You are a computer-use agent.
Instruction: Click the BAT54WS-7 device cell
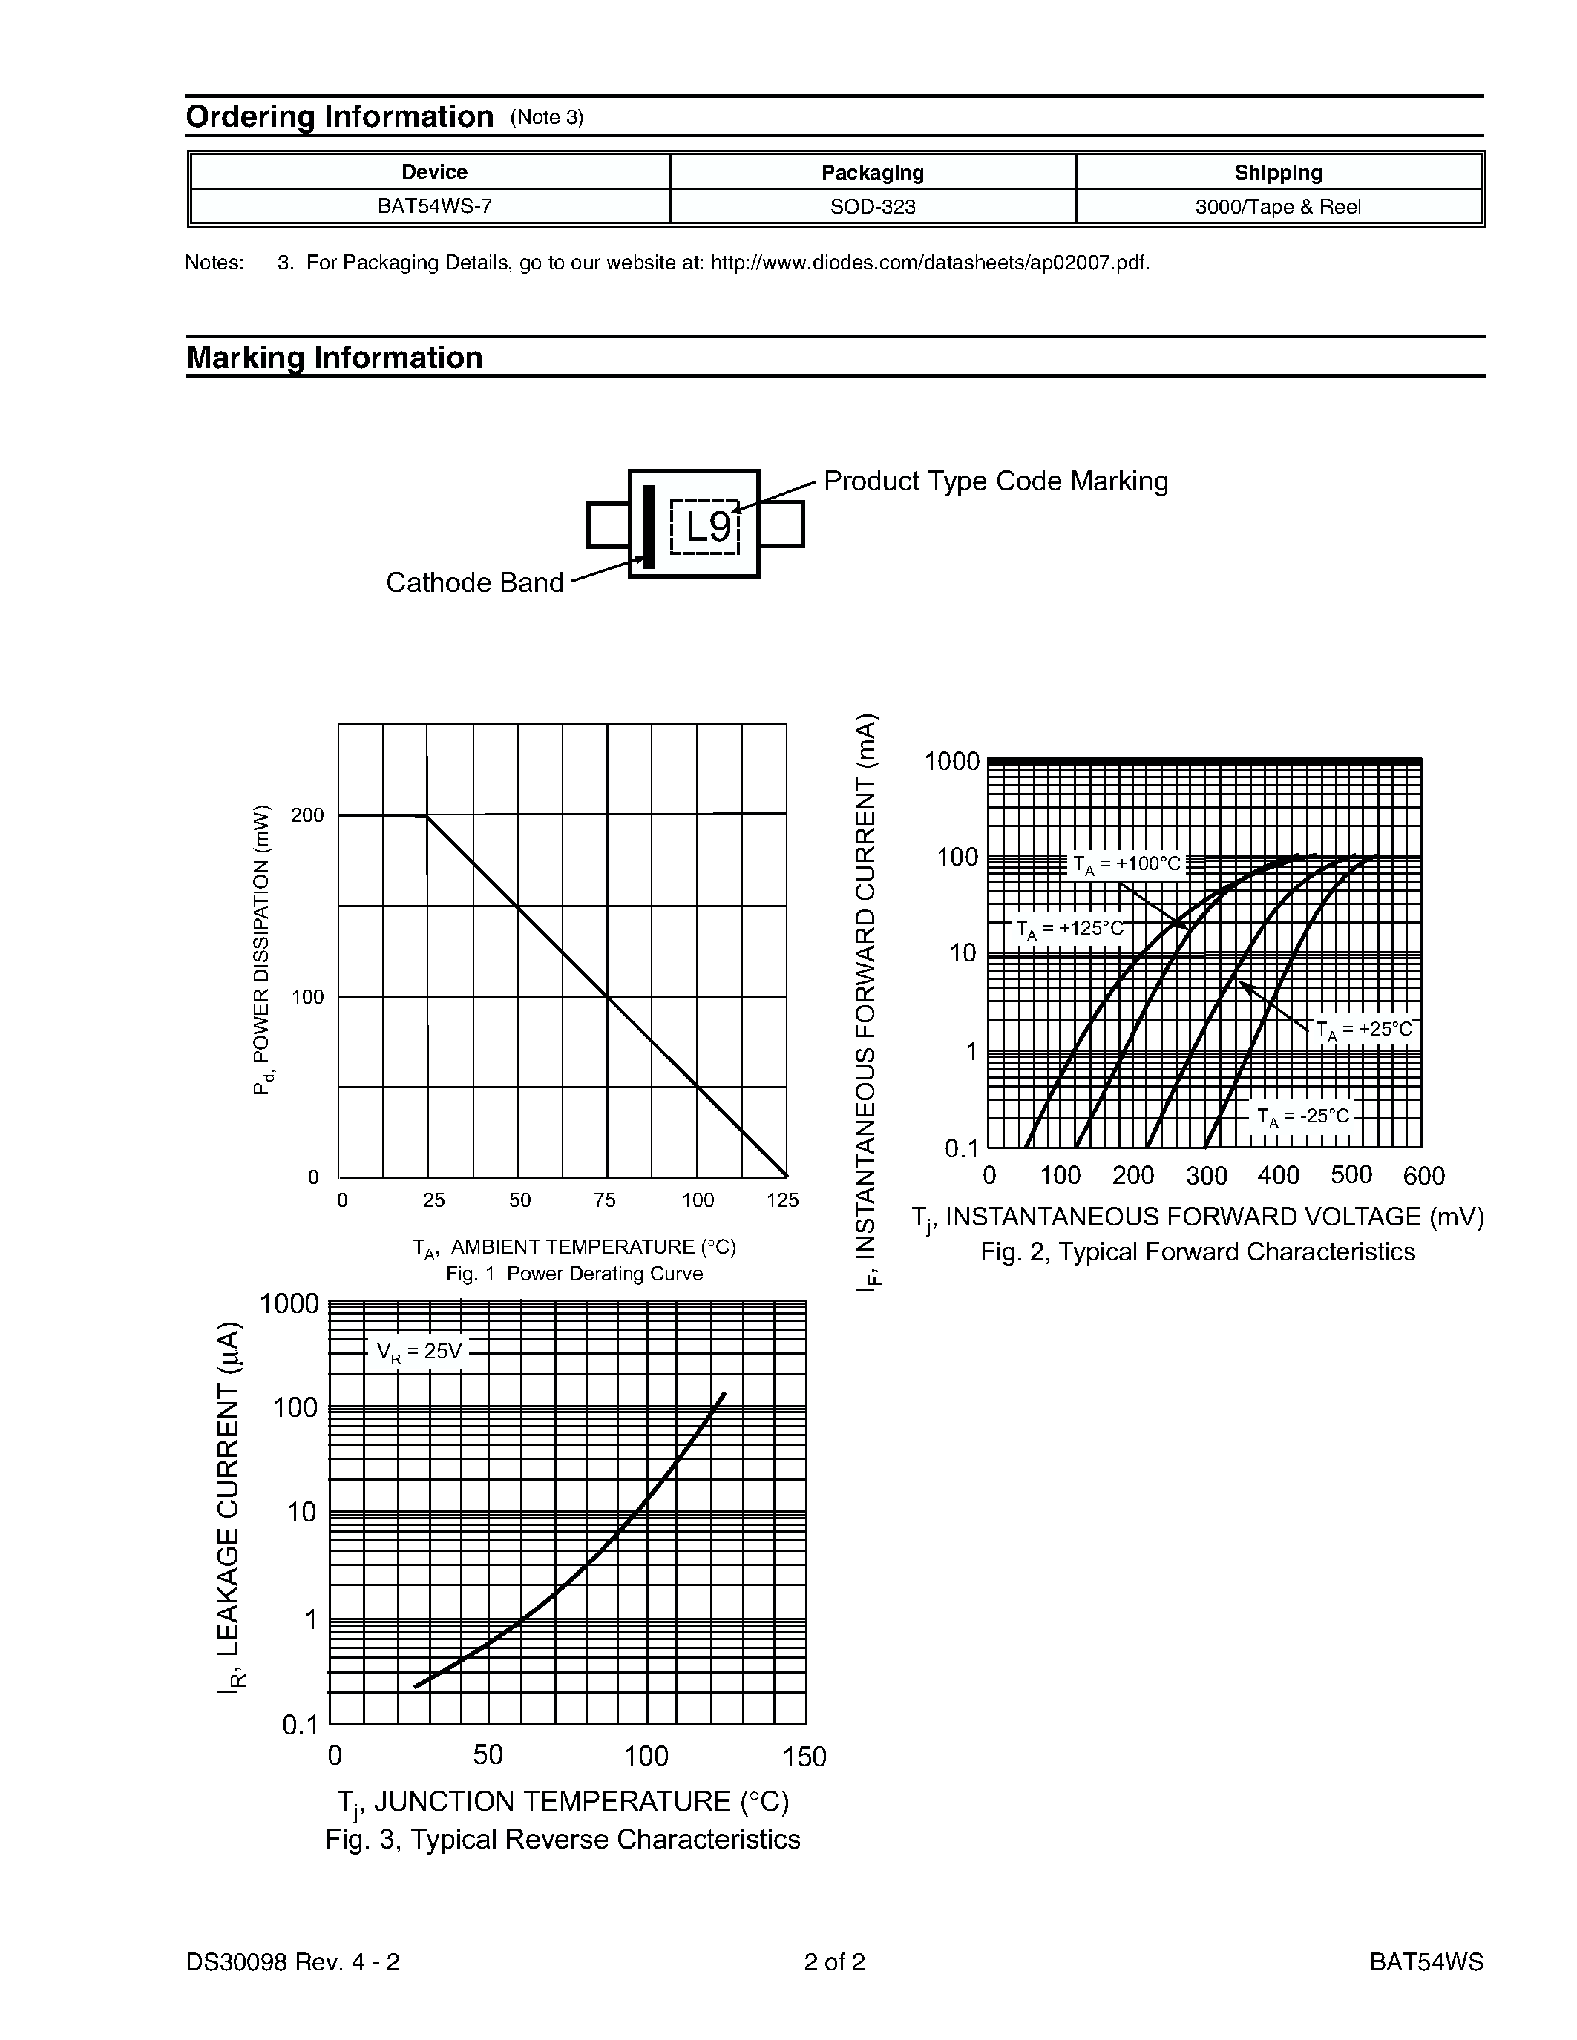[x=433, y=206]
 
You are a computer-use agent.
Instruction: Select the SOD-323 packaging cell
[x=873, y=206]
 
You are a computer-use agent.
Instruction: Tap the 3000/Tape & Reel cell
[x=1277, y=206]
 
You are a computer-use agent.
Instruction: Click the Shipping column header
[x=1277, y=172]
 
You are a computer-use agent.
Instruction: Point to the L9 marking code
[x=707, y=527]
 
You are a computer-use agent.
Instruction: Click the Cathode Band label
[x=475, y=583]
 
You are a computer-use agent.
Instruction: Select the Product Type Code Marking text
[x=995, y=481]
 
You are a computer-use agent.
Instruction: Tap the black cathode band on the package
[x=649, y=526]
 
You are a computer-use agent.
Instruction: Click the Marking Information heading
[x=335, y=358]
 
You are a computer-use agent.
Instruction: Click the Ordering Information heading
[x=339, y=116]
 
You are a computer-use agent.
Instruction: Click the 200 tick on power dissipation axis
[x=307, y=815]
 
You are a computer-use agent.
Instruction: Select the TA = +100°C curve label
[x=1127, y=864]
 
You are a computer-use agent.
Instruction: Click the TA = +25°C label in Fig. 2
[x=1364, y=1030]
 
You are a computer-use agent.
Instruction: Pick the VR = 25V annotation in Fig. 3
[x=419, y=1352]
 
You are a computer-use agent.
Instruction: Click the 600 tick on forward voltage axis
[x=1423, y=1176]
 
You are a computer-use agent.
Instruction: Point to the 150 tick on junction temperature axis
[x=804, y=1757]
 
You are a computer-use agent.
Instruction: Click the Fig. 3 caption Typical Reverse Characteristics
[x=563, y=1839]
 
